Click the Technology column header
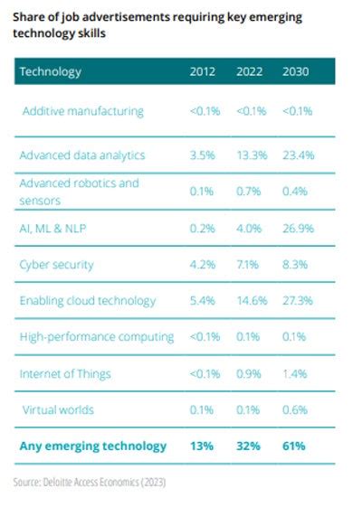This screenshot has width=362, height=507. [x=51, y=71]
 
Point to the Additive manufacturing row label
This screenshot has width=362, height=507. [x=83, y=111]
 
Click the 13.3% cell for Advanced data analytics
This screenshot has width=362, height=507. [x=252, y=155]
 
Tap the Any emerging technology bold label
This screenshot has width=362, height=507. [x=93, y=445]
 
